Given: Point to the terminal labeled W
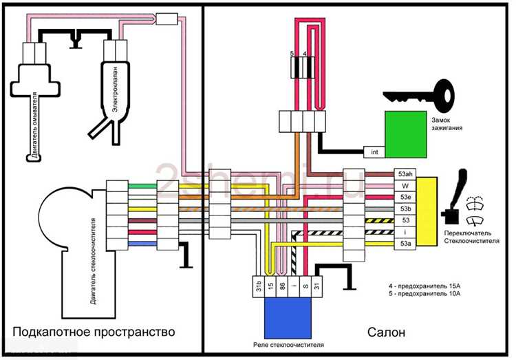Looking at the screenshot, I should click(x=403, y=185).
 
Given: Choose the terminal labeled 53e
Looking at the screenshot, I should click(x=403, y=197).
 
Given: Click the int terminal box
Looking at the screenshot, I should click(x=374, y=151).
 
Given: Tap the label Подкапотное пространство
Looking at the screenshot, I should click(x=93, y=332).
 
